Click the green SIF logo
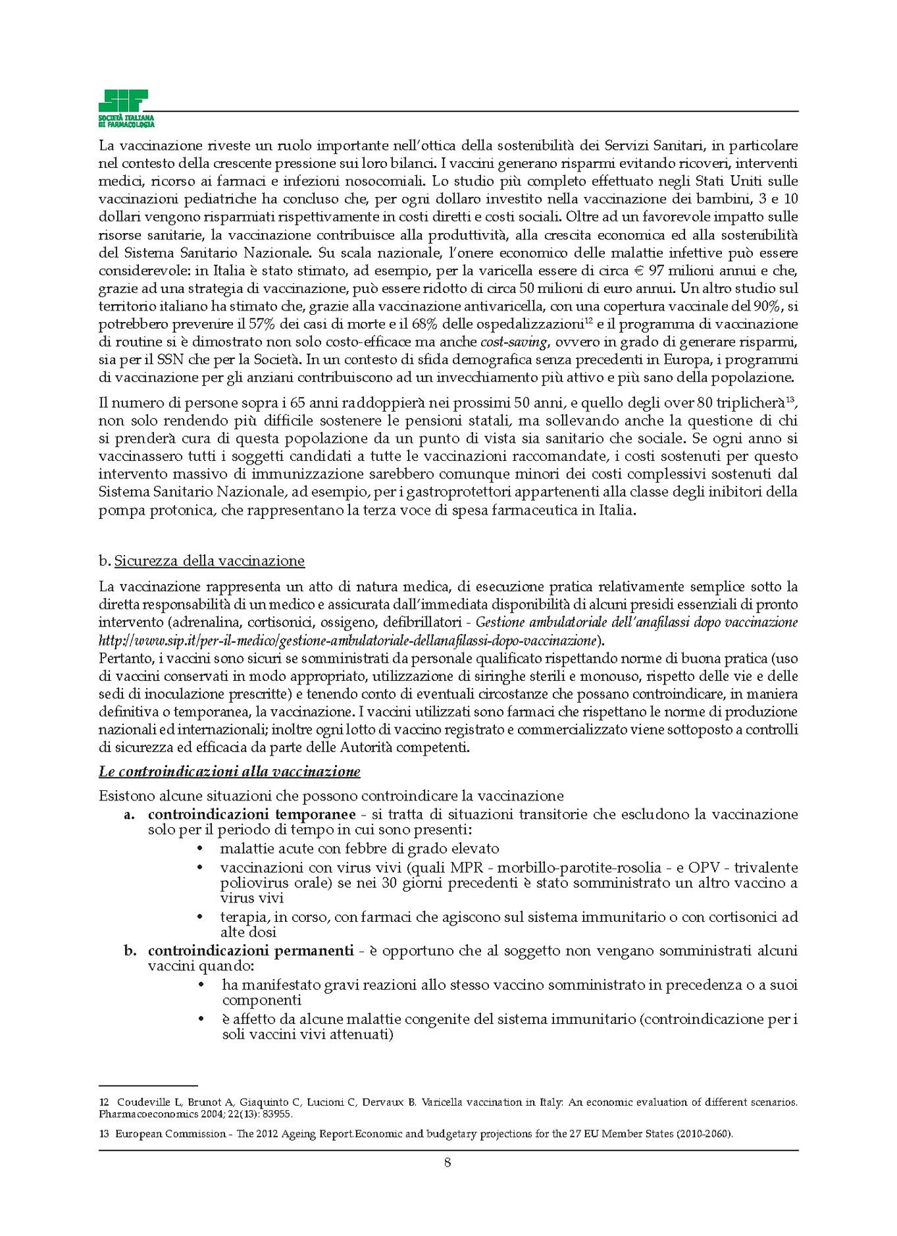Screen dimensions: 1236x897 pos(124,105)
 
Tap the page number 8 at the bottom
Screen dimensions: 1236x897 pos(448,1163)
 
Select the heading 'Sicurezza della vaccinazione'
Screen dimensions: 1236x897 pos(209,561)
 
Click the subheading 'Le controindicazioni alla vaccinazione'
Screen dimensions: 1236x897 pos(229,771)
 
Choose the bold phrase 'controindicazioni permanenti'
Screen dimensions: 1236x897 pos(250,950)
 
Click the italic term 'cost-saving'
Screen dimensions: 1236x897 pos(513,342)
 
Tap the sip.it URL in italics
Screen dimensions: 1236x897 pos(348,640)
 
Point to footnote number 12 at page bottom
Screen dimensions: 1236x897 pos(104,1102)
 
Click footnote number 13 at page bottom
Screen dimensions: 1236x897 pos(104,1134)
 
